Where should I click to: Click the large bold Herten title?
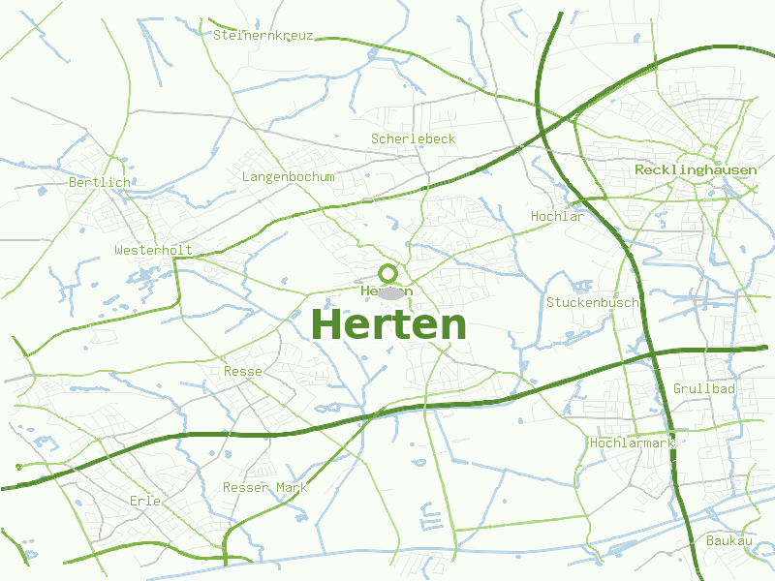tap(389, 325)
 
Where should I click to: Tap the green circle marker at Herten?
tap(388, 273)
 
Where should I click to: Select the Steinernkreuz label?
tap(263, 35)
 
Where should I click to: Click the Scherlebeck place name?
tap(413, 138)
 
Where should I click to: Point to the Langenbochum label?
tap(288, 176)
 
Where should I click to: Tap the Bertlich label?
tap(99, 181)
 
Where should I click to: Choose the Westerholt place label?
tap(153, 250)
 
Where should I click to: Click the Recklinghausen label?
tap(696, 169)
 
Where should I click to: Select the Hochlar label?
tap(557, 216)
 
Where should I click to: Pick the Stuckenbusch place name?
tap(593, 302)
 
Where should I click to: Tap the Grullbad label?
tap(704, 388)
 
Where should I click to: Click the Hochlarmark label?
tap(632, 443)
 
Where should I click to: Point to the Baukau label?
tap(729, 539)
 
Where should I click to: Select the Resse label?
tap(242, 371)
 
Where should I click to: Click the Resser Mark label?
tap(264, 487)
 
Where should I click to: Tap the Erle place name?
tap(144, 501)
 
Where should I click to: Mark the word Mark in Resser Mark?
tap(291, 487)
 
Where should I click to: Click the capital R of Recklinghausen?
tap(639, 169)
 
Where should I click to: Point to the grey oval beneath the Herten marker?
tap(389, 292)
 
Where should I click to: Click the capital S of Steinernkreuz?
tap(217, 35)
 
